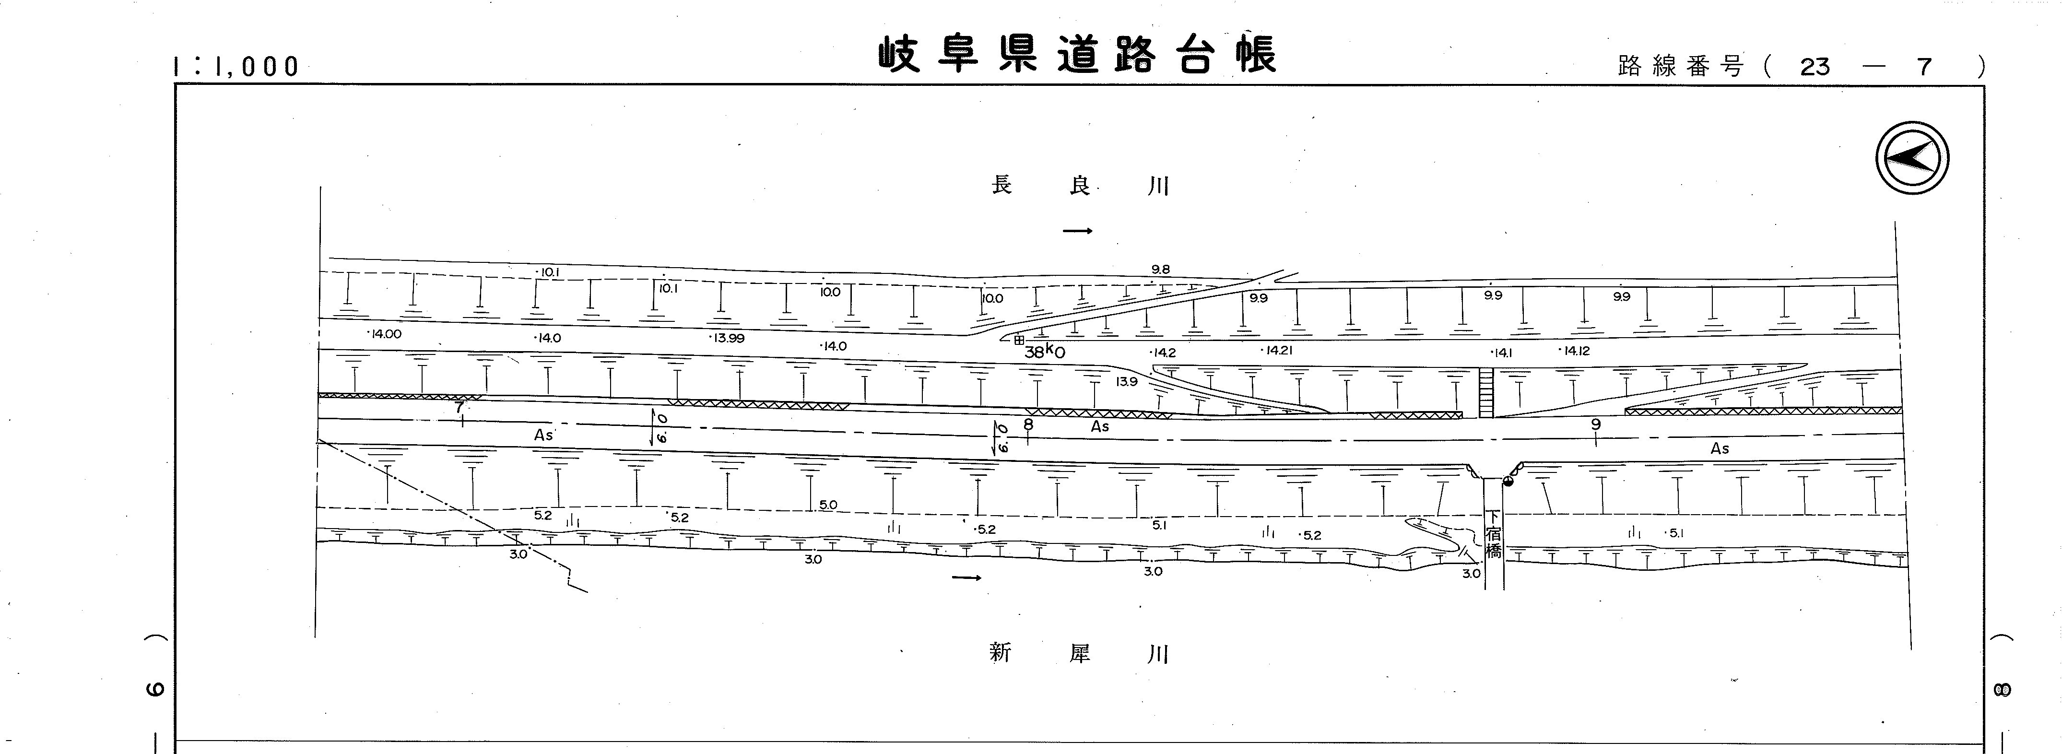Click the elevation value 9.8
1161,270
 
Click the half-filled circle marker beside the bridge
1509,482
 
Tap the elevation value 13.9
1126,382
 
